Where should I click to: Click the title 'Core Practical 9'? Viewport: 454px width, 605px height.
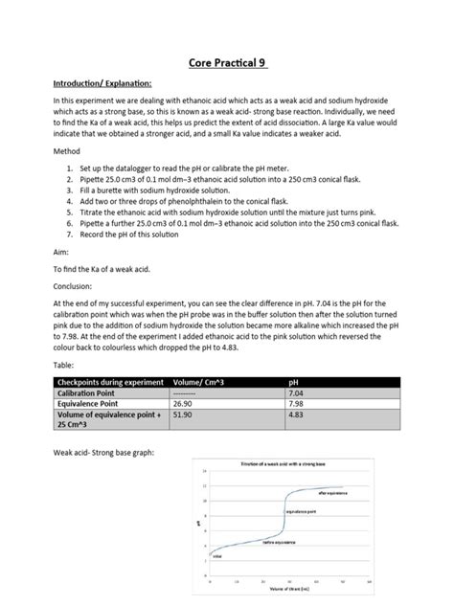coord(226,63)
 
